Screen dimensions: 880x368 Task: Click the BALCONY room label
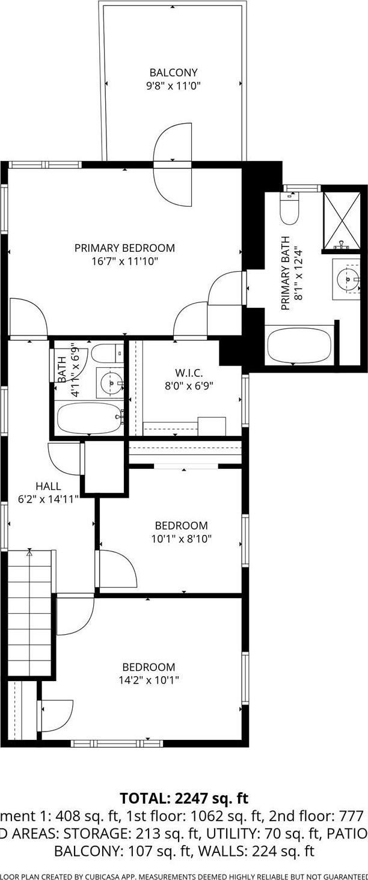point(173,73)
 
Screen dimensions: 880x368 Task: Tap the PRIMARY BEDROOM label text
point(124,248)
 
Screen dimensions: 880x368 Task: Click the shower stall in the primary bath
point(341,220)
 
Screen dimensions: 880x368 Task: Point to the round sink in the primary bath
point(347,279)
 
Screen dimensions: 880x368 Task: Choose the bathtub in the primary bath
point(299,345)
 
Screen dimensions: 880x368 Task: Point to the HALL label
point(48,486)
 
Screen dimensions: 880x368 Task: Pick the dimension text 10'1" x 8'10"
point(181,539)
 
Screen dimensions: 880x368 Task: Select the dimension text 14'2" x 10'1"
point(149,680)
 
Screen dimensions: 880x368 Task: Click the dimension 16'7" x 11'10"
point(124,261)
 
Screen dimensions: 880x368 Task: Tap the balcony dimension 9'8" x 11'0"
point(173,86)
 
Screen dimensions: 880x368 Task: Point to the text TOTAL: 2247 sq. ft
point(184,798)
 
